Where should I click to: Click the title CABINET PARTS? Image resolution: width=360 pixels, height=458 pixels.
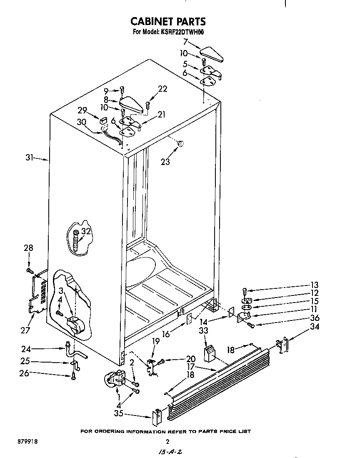pyautogui.click(x=168, y=21)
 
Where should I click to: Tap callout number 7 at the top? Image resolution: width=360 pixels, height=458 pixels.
pyautogui.click(x=185, y=41)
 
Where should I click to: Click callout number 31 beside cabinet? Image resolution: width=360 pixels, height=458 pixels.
pyautogui.click(x=30, y=158)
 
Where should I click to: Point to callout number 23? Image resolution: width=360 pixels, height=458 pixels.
pyautogui.click(x=165, y=162)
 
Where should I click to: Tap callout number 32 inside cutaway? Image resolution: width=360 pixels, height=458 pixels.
pyautogui.click(x=86, y=232)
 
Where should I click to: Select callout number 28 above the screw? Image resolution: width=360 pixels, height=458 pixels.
pyautogui.click(x=28, y=248)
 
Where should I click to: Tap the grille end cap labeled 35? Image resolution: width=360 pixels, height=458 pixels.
pyautogui.click(x=157, y=416)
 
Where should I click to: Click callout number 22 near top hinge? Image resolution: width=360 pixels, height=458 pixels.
pyautogui.click(x=162, y=88)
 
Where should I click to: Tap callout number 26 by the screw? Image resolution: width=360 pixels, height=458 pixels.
pyautogui.click(x=24, y=373)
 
